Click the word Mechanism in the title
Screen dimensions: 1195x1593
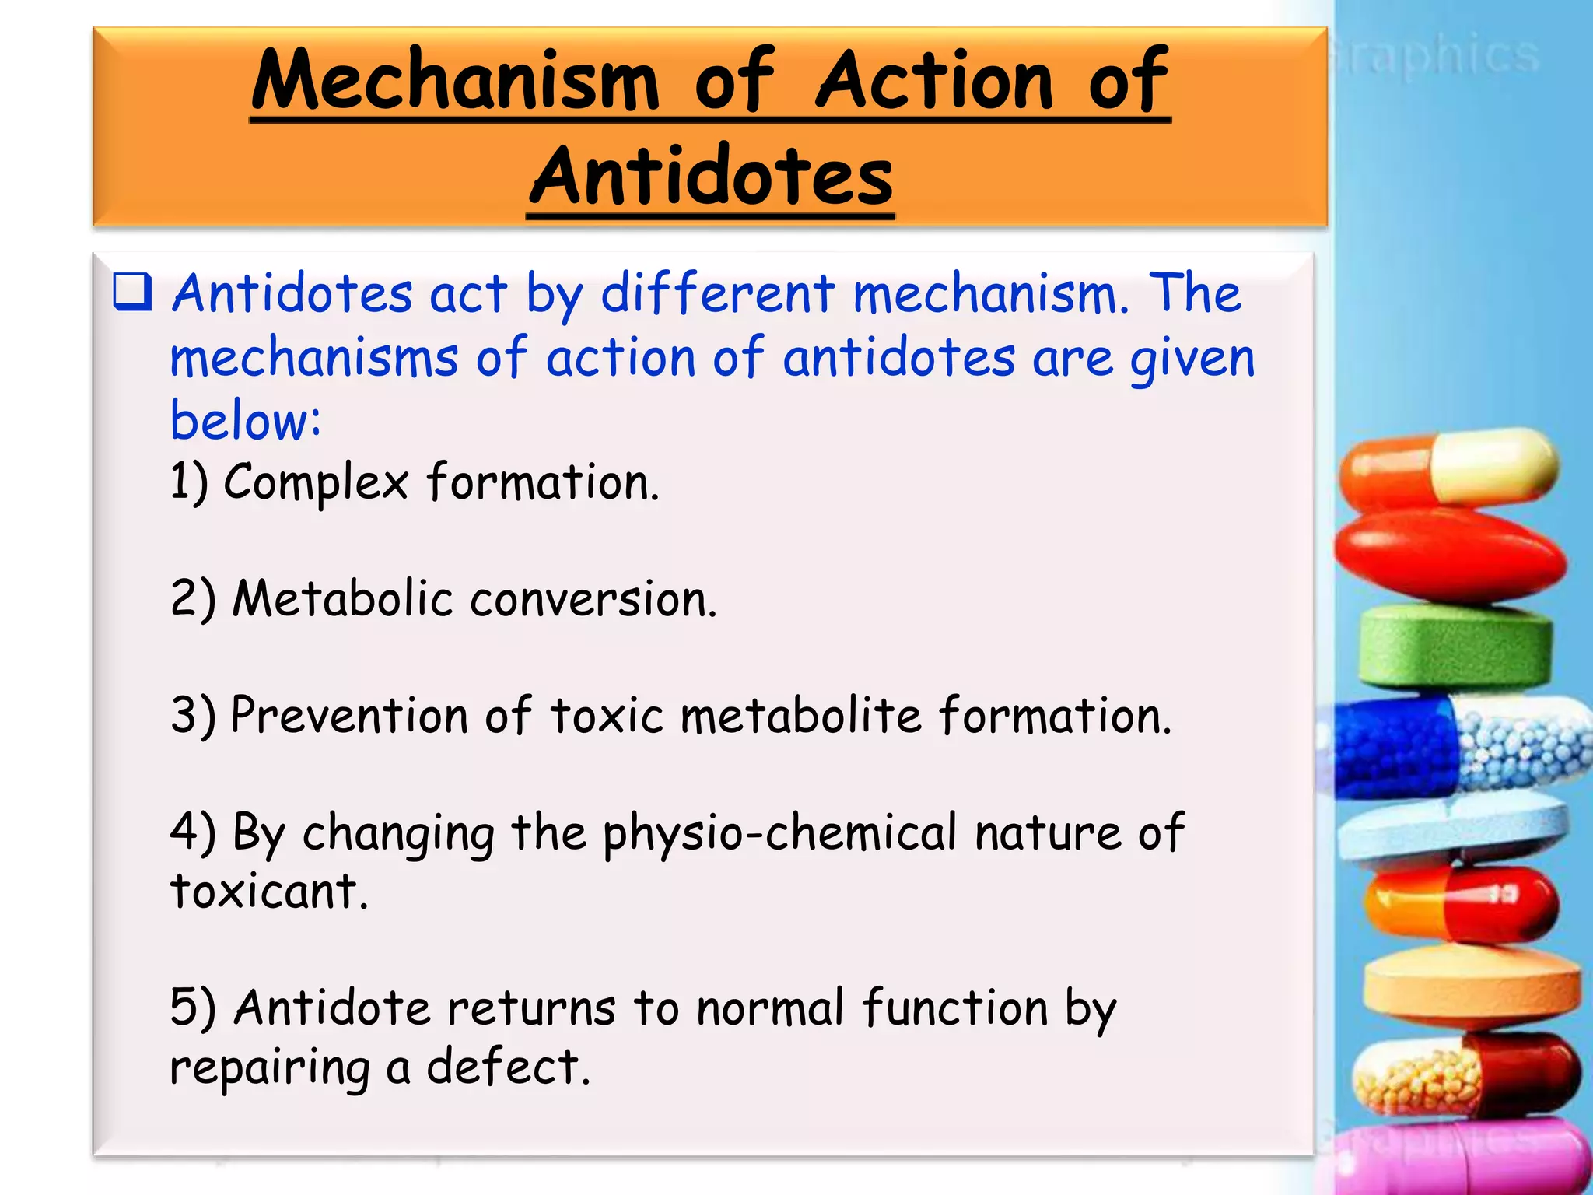pyautogui.click(x=455, y=80)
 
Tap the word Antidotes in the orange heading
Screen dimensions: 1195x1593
pyautogui.click(x=711, y=177)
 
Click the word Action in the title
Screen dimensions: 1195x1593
pyautogui.click(x=934, y=80)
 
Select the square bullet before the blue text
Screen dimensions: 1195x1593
pyautogui.click(x=132, y=293)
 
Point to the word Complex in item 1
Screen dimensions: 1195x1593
pyautogui.click(x=316, y=483)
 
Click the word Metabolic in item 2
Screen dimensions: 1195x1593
pyautogui.click(x=342, y=599)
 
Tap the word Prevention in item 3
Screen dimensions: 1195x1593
pyautogui.click(x=349, y=715)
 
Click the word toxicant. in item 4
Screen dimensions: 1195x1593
pyautogui.click(x=268, y=891)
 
